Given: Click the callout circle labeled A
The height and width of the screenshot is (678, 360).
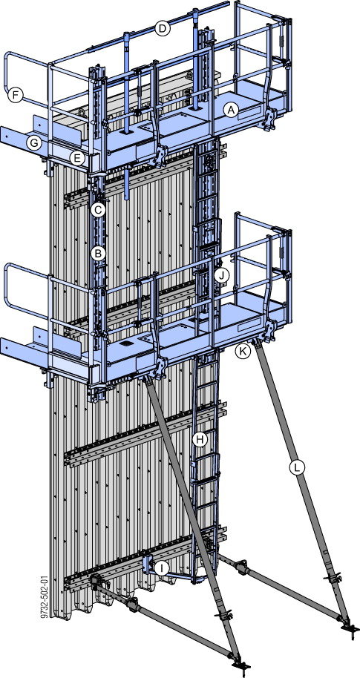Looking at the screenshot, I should (x=231, y=110).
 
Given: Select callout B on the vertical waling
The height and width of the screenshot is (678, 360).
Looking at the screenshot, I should (x=96, y=253).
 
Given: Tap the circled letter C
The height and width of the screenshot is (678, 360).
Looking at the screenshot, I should (x=98, y=210).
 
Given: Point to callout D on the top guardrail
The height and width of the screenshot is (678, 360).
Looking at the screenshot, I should (x=163, y=29).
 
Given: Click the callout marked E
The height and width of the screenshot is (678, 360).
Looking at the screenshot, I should (x=76, y=157).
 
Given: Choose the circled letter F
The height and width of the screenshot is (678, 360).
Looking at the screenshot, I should (x=13, y=94).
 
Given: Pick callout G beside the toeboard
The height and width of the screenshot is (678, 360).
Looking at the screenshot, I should (x=33, y=142).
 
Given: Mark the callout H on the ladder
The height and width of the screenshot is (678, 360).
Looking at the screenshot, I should (x=199, y=439).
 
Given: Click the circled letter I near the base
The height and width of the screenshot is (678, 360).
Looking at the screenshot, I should (x=163, y=568).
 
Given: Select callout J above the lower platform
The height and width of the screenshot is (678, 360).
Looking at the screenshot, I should (x=220, y=274).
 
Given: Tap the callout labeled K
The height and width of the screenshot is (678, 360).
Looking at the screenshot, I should (x=242, y=352).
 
